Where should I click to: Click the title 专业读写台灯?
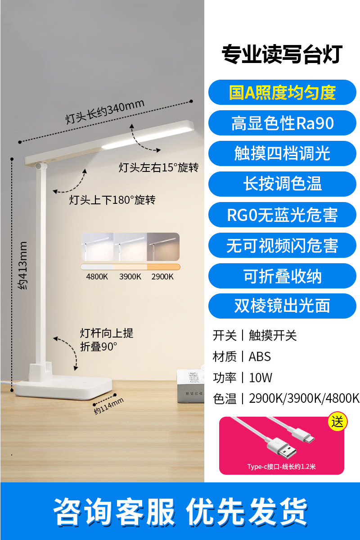coord(282,55)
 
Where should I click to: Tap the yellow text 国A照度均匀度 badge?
coord(282,93)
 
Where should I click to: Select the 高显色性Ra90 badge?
coord(282,123)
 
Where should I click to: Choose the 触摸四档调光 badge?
coord(282,154)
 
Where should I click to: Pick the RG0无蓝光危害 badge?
coord(282,215)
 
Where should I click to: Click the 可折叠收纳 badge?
coord(282,276)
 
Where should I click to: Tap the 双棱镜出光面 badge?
coord(282,306)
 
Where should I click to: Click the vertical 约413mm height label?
coord(23,265)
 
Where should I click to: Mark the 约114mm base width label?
coord(108,406)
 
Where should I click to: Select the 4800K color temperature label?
coord(97,277)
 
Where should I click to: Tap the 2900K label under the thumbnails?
coord(162,277)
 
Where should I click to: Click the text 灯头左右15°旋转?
coord(158,168)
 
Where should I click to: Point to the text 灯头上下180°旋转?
coord(112,200)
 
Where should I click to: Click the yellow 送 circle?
coord(337,422)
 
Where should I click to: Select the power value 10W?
coord(261,378)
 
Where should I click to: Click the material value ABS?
coord(260,357)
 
